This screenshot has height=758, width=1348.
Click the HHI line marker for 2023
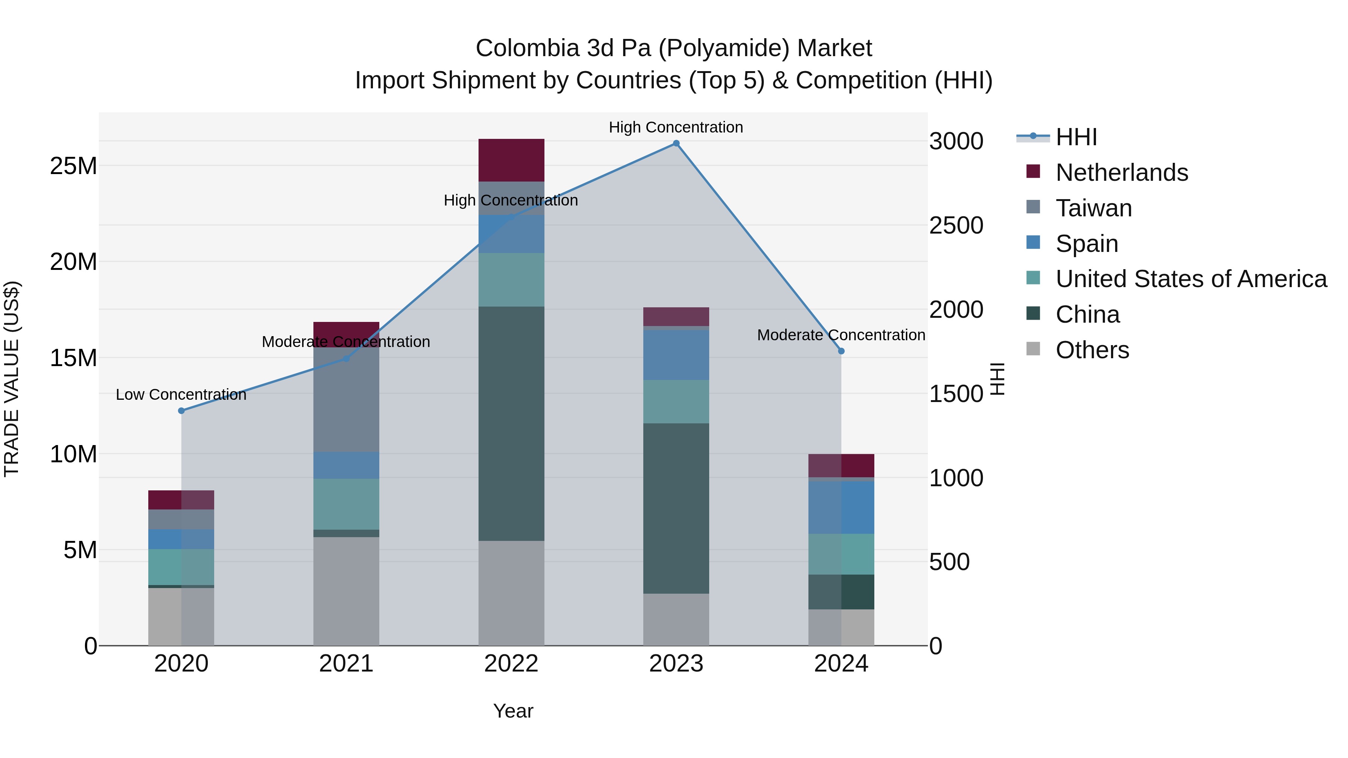tap(676, 143)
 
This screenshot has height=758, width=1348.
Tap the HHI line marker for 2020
tap(182, 411)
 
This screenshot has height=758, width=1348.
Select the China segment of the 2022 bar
tap(511, 424)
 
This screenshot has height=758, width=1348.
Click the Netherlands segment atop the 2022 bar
tap(511, 160)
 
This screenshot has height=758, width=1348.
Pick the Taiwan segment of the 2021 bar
tap(346, 400)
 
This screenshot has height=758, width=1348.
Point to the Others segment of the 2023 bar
tap(676, 620)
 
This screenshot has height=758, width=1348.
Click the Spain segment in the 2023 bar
tap(676, 355)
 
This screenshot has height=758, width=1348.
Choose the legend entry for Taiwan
tap(1094, 208)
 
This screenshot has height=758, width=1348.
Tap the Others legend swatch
tap(1033, 349)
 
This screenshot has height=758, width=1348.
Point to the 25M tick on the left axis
tap(73, 166)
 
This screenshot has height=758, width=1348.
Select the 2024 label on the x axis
tap(841, 664)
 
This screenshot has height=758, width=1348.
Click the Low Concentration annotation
tap(181, 395)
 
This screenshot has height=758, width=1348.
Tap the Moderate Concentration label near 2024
tap(841, 335)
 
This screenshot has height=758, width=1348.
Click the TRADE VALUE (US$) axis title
tap(12, 379)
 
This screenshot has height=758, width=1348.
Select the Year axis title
tap(513, 711)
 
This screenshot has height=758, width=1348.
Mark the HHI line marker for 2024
tap(841, 351)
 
